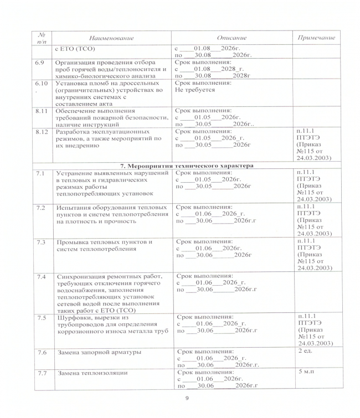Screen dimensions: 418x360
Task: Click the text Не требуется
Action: tap(194, 89)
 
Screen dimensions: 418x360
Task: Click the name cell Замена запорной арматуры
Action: tap(98, 352)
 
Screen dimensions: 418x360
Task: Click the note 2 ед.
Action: tap(305, 351)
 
